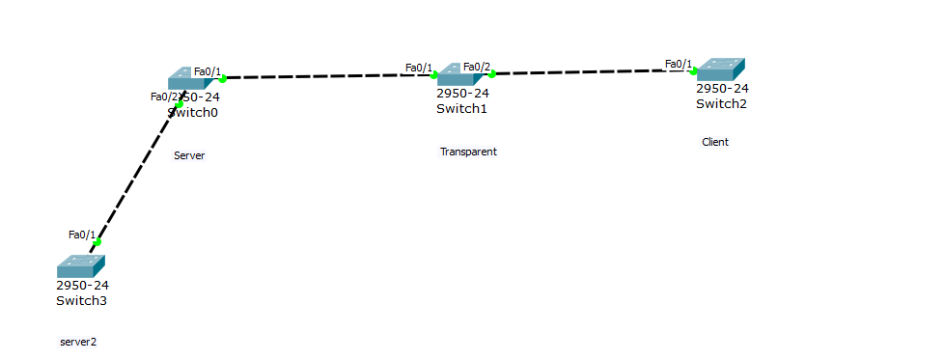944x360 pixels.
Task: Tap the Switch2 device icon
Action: coord(720,69)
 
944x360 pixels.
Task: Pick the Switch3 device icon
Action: coord(80,266)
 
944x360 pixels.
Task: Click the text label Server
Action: coord(189,155)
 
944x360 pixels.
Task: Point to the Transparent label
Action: coord(468,152)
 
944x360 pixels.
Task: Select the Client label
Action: coord(715,142)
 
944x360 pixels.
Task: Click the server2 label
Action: coord(78,342)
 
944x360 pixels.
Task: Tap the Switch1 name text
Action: coord(461,108)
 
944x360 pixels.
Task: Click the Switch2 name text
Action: coord(721,103)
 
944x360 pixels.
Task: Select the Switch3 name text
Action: coord(81,300)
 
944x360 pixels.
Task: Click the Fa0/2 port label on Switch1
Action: coord(477,67)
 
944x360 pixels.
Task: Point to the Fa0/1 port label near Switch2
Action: coord(679,65)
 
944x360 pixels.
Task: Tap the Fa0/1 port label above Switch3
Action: coord(82,235)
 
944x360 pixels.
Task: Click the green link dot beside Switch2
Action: coord(693,70)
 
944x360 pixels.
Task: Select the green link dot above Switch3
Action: coord(97,242)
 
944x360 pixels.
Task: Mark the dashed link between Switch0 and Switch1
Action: coord(328,76)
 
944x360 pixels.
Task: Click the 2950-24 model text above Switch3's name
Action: coord(83,285)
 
